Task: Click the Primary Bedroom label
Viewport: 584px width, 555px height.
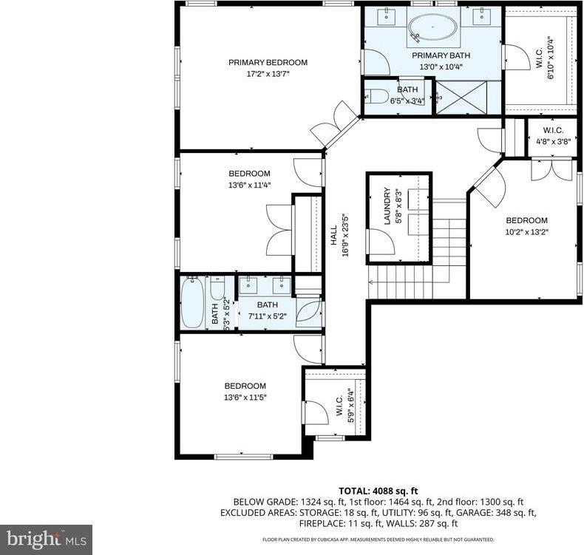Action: click(268, 63)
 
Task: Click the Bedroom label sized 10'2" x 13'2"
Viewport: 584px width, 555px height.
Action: click(526, 220)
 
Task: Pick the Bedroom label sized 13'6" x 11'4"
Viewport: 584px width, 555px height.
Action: click(249, 174)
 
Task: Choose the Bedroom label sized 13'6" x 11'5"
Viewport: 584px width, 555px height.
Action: click(245, 386)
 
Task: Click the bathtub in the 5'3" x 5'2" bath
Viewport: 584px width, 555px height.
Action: click(193, 303)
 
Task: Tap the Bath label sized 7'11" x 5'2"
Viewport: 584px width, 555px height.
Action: click(267, 304)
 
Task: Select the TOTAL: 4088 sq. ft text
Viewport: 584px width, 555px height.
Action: click(378, 490)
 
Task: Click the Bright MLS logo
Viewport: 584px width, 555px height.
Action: click(46, 539)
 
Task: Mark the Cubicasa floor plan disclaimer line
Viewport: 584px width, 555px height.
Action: click(378, 540)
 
